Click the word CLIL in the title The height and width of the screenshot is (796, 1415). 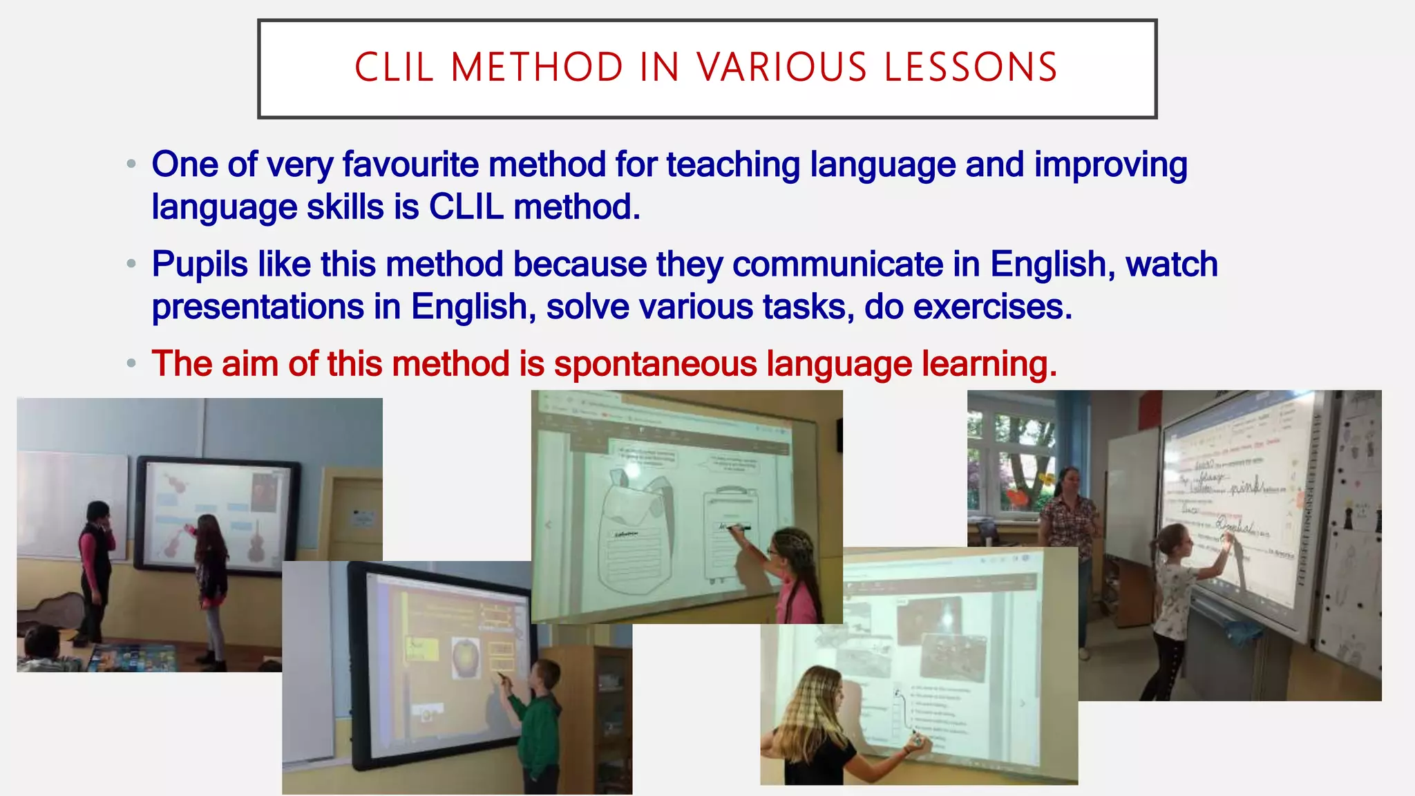pyautogui.click(x=394, y=68)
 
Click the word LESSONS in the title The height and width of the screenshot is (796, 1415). pyautogui.click(x=971, y=68)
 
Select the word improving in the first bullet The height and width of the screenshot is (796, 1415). pyautogui.click(x=1110, y=166)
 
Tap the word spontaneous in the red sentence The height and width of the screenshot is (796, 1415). pyautogui.click(x=655, y=364)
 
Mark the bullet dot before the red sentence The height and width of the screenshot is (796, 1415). pyautogui.click(x=131, y=363)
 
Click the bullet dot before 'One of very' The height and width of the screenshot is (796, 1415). pyautogui.click(x=131, y=164)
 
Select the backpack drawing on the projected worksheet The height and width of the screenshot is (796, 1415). pyautogui.click(x=636, y=529)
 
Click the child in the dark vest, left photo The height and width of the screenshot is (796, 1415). pyautogui.click(x=95, y=560)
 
